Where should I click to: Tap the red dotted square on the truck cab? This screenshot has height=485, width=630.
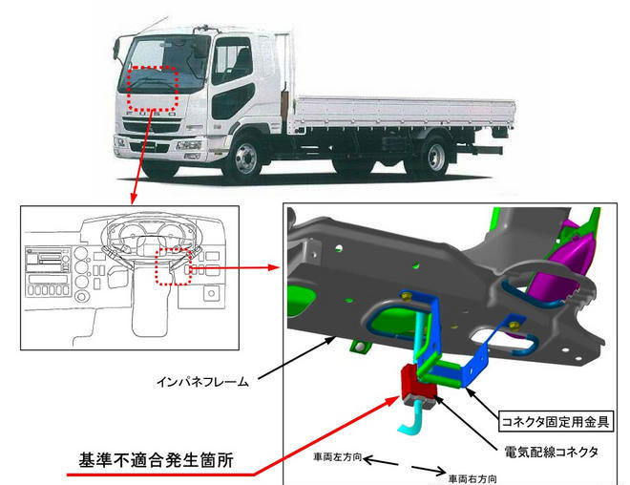click(153, 89)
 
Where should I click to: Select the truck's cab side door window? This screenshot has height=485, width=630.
click(232, 61)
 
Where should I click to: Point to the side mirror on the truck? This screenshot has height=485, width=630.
click(116, 49)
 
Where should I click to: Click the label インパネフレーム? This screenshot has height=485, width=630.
click(203, 381)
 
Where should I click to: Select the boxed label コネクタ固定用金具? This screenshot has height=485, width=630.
click(556, 422)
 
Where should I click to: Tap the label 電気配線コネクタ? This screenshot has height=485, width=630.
click(552, 452)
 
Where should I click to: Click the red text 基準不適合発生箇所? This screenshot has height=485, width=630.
click(156, 460)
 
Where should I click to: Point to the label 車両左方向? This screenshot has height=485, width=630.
click(338, 457)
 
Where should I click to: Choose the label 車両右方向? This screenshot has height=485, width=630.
click(472, 478)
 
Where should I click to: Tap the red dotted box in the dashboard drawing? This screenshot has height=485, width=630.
click(173, 266)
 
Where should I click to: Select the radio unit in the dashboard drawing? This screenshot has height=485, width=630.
click(48, 262)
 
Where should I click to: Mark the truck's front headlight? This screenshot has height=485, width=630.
click(188, 145)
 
